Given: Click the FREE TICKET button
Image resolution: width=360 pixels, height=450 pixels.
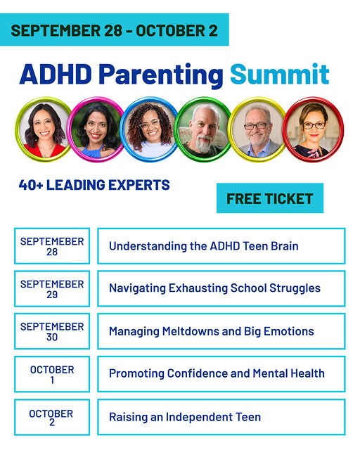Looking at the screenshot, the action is tap(270, 198).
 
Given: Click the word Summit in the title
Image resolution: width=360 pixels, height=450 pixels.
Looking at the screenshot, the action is tap(280, 74).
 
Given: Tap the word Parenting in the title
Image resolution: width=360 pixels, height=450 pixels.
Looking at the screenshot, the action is tap(161, 76).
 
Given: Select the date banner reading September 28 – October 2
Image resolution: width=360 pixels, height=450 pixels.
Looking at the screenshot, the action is tap(115, 30).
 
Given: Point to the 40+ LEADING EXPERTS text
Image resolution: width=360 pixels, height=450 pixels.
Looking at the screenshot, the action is tap(94, 185).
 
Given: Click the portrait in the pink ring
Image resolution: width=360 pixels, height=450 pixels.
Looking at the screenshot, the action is tap(96, 129).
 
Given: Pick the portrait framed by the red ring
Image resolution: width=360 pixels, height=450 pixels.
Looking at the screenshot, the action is tap(313, 129).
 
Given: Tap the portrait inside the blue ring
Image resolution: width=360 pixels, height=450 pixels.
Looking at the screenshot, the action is tap(150, 129).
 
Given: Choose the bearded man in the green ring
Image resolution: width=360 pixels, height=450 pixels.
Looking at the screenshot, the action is tap(203, 129).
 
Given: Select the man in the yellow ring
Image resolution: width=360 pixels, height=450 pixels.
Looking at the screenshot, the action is tap(258, 129).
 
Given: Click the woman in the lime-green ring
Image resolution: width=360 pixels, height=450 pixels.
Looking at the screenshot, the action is tap(44, 129).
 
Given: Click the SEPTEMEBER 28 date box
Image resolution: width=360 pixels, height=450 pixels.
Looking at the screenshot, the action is tap(52, 246).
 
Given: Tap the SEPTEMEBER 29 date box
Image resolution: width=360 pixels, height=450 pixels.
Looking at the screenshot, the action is tap(52, 288).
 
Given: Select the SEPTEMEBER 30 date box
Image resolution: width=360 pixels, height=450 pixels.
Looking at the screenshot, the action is tap(52, 331).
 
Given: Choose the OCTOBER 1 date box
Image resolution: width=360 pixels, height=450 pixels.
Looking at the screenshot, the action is tap(52, 374).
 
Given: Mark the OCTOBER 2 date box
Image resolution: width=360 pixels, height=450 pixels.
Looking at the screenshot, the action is tap(52, 417).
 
